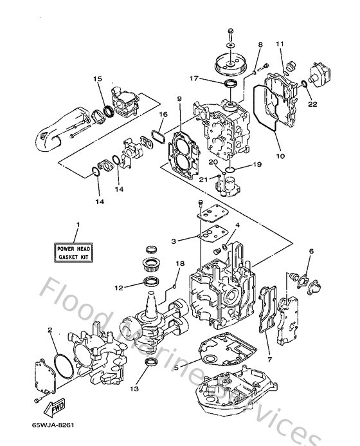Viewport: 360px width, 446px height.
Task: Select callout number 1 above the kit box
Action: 77,225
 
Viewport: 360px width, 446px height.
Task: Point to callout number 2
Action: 50,330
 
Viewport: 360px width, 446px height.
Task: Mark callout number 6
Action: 311,252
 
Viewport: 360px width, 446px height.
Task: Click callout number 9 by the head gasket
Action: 179,99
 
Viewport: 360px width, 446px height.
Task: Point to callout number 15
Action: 98,79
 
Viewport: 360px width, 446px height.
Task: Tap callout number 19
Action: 257,165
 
